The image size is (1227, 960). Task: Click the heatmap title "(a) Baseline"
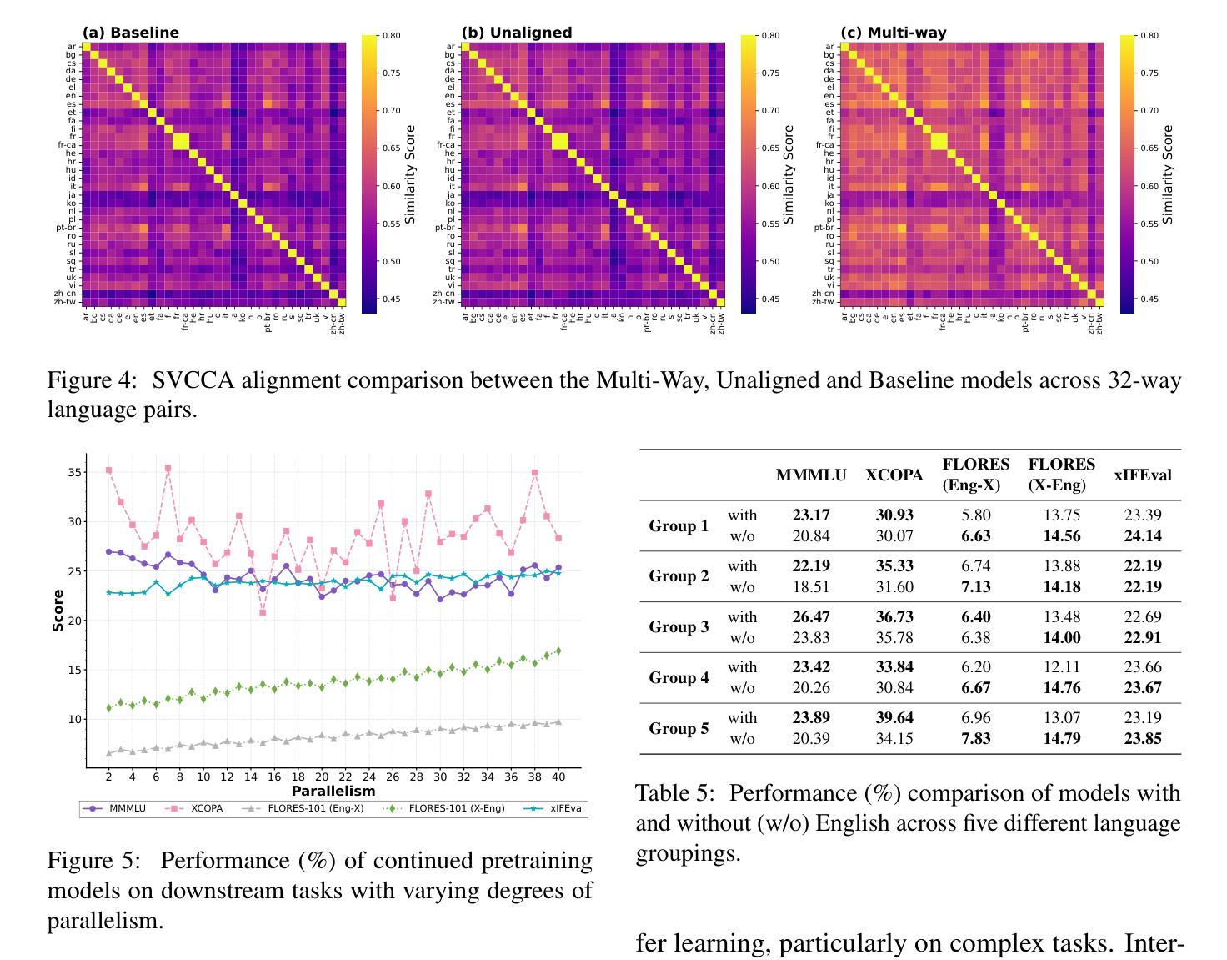(131, 33)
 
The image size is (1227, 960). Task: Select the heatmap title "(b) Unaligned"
(517, 33)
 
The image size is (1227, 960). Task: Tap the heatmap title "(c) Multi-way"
(894, 33)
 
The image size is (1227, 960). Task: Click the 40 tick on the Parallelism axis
(558, 777)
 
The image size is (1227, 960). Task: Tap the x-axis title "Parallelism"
(333, 791)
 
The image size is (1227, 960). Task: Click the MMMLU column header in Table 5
(810, 475)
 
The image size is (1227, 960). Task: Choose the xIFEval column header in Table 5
(1143, 475)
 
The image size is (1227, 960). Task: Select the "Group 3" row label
(679, 627)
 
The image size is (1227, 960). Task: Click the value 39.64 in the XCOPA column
(894, 717)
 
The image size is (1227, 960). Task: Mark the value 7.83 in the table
(976, 738)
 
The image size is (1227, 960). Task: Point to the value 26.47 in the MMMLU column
(810, 616)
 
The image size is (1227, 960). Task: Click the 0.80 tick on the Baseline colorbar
(391, 36)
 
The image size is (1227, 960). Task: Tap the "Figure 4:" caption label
(91, 380)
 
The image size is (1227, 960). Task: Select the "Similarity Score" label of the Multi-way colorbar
(1168, 174)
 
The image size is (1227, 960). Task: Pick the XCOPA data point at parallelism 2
(108, 470)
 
